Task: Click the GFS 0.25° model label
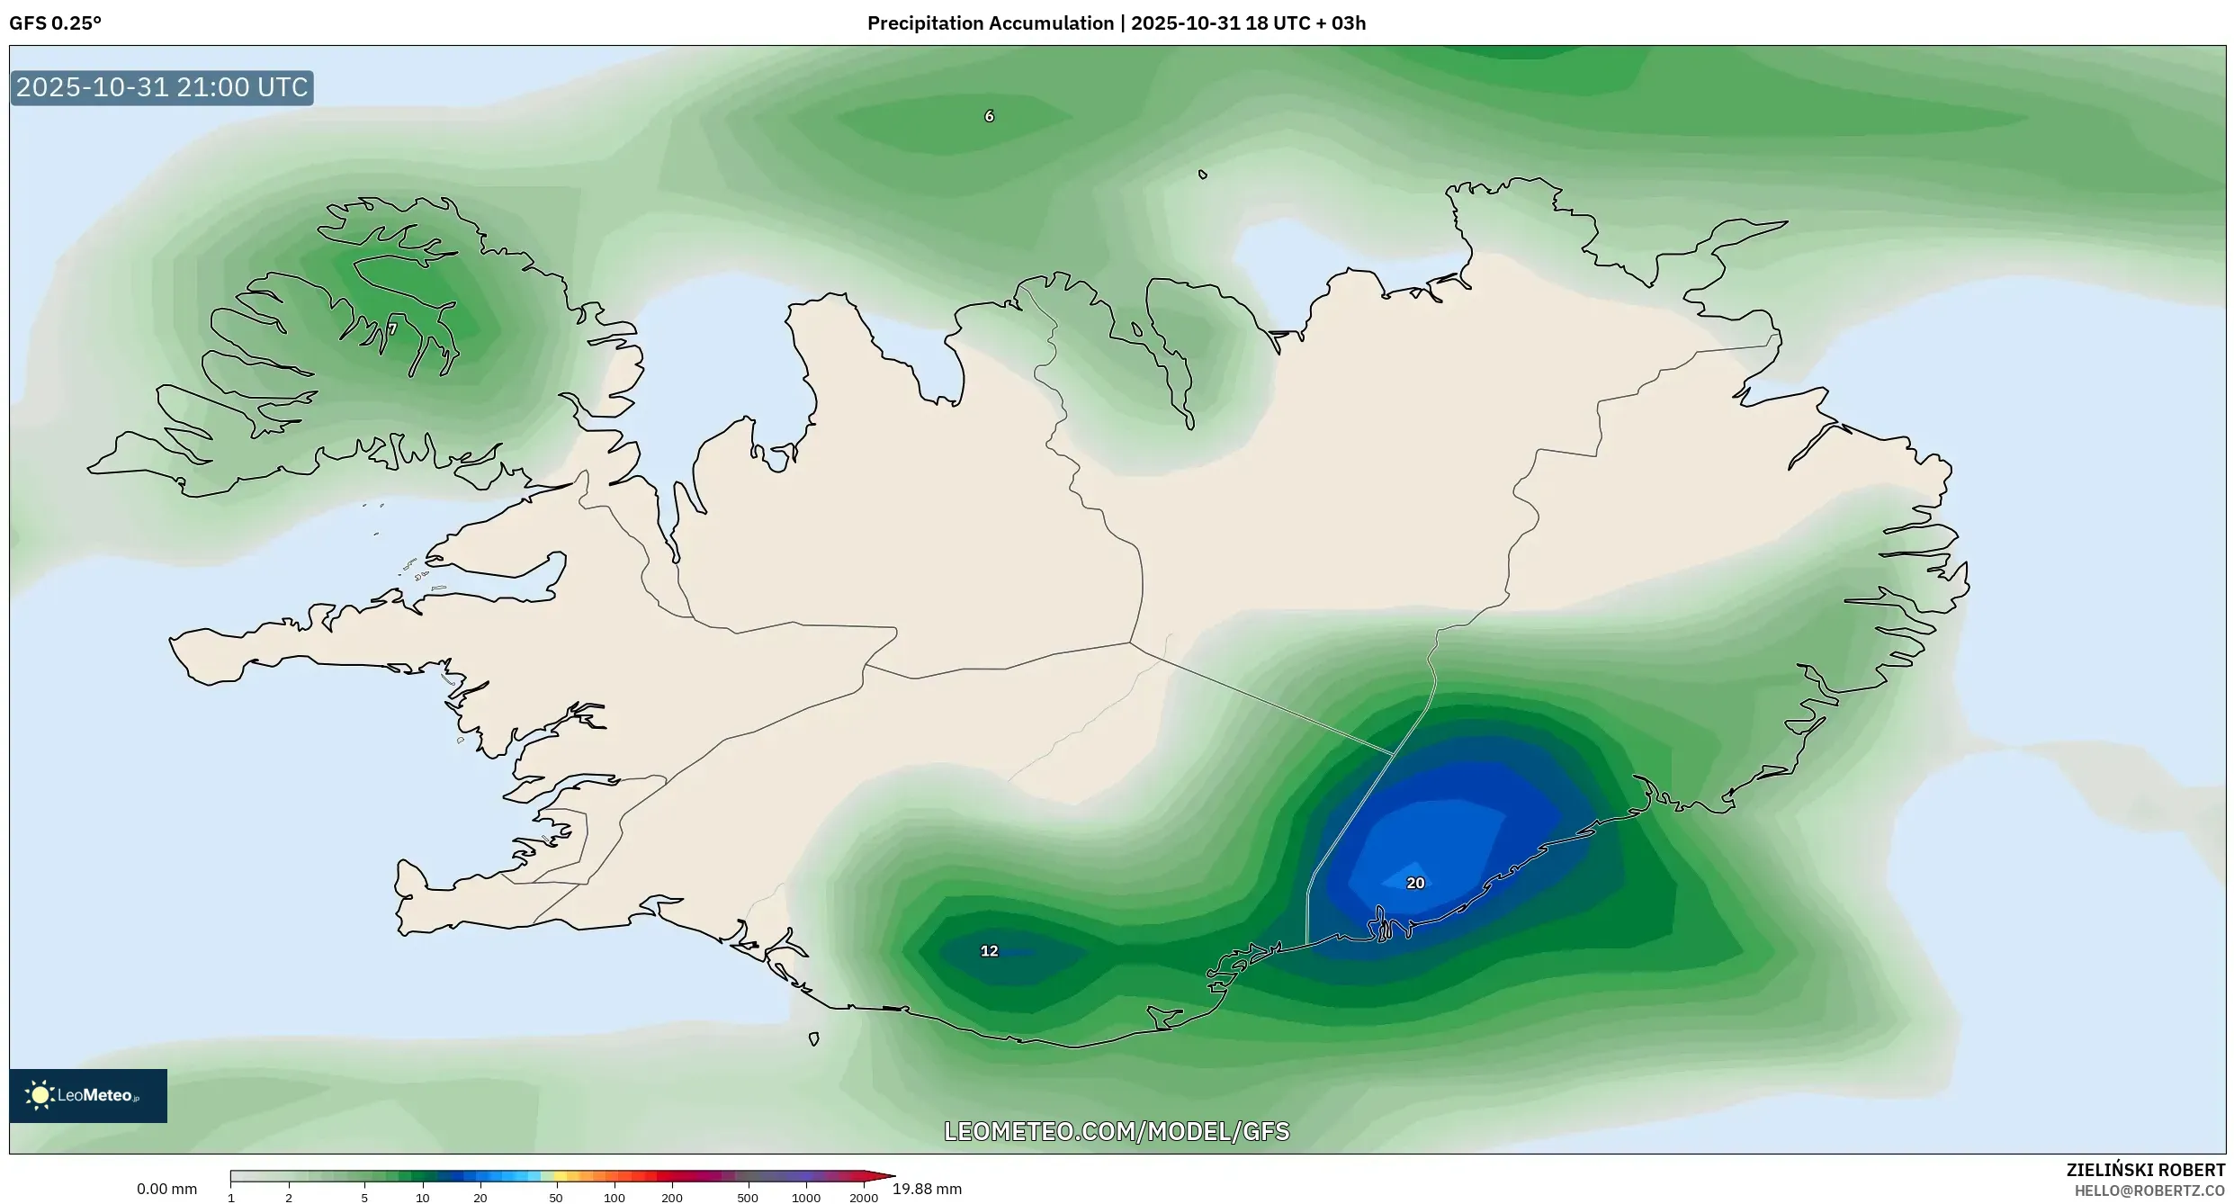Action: [x=55, y=23]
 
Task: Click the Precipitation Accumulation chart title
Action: [x=1116, y=23]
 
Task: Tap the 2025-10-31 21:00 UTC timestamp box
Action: [x=162, y=87]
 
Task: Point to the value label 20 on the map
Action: [x=1414, y=883]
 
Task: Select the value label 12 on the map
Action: [x=989, y=950]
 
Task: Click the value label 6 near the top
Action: [x=989, y=116]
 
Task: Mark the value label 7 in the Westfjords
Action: [x=392, y=329]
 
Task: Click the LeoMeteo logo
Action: [x=88, y=1095]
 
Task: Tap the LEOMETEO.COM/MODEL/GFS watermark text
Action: [x=1116, y=1131]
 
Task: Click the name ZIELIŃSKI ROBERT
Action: [x=2145, y=1170]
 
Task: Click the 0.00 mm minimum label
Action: [x=166, y=1189]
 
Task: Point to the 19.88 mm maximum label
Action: [x=927, y=1189]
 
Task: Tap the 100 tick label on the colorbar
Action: [x=615, y=1198]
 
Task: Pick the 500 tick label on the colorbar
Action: [x=747, y=1198]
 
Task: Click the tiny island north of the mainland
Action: [x=1203, y=175]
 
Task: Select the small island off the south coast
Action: [x=813, y=1039]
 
